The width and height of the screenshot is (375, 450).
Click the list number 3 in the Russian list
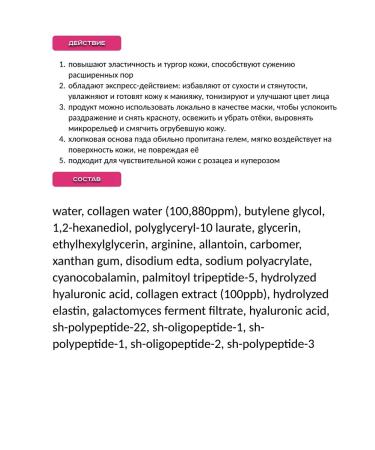(62, 103)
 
